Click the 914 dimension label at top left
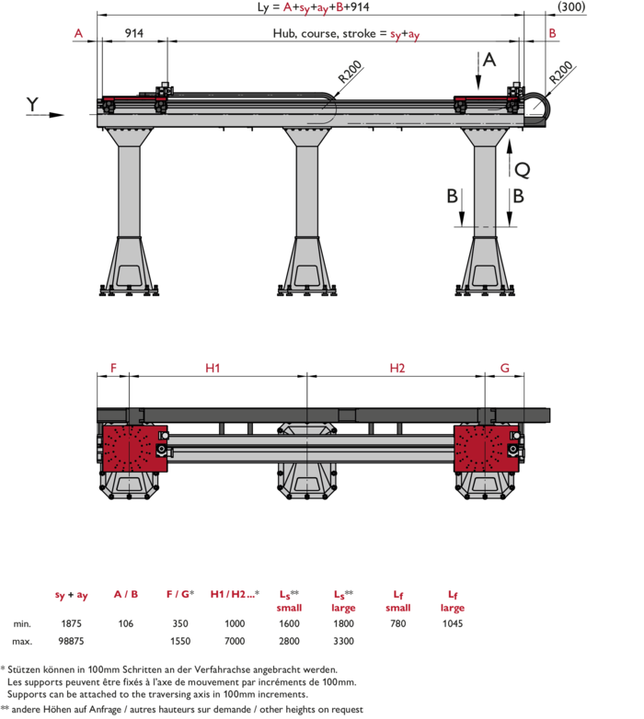point(134,33)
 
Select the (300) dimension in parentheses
point(571,6)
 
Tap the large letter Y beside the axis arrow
point(32,104)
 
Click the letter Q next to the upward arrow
point(523,171)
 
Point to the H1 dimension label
point(213,368)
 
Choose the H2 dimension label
point(397,368)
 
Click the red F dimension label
point(113,368)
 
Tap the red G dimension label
point(504,368)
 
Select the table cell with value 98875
point(71,641)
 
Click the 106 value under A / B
point(126,623)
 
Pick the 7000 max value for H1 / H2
point(235,641)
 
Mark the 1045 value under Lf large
point(453,623)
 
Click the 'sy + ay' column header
point(71,595)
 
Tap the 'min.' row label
point(22,623)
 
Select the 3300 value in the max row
point(343,641)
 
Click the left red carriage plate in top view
point(134,449)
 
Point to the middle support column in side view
point(307,211)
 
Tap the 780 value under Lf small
point(397,623)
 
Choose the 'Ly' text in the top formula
point(263,7)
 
